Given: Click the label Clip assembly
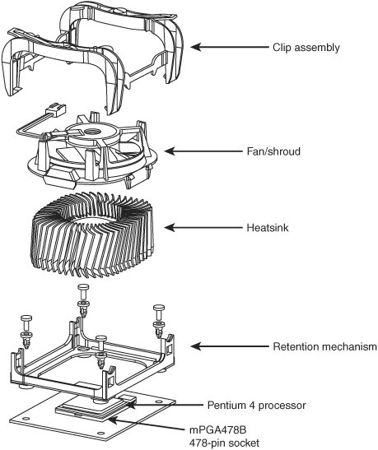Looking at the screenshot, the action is (x=306, y=48).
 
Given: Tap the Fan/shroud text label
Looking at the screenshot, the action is (x=273, y=151).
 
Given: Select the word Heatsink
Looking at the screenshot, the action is (x=268, y=228).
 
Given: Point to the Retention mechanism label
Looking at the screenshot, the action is (x=324, y=346).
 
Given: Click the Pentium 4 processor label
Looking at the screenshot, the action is (x=256, y=406).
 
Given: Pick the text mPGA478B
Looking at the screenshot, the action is (x=217, y=430).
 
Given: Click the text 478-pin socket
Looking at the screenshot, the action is (x=224, y=443).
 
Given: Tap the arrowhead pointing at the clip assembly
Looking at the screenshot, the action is (x=195, y=47).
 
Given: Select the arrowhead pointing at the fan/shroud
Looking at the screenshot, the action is (x=170, y=151).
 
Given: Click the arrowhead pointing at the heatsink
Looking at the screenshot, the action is (x=170, y=228).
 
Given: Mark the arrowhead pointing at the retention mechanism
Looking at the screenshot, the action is (x=195, y=346).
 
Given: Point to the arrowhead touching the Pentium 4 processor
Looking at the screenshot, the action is (x=130, y=405).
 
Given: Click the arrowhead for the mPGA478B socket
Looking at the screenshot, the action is (x=113, y=420).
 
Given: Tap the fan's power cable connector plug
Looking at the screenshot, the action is (x=56, y=110).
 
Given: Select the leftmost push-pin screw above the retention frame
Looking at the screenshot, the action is (x=26, y=332).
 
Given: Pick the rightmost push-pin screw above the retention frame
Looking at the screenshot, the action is (x=159, y=321).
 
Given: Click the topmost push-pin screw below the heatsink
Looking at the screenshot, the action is (x=83, y=300).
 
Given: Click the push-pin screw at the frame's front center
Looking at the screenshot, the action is (x=102, y=353).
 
